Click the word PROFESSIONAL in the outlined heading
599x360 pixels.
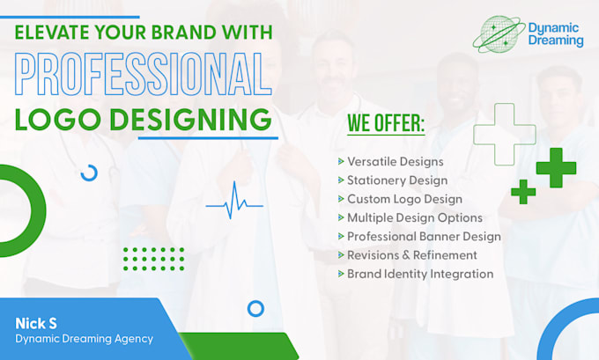click(142, 77)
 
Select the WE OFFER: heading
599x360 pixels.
click(386, 124)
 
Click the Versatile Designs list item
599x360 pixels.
click(395, 162)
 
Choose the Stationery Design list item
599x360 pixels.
click(396, 180)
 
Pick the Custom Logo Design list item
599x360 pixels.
click(403, 199)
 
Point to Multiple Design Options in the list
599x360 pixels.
click(414, 217)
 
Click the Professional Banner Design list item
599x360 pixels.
click(424, 236)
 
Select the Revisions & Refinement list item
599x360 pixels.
click(411, 254)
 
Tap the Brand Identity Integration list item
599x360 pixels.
click(420, 273)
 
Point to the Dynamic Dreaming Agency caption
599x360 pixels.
click(84, 339)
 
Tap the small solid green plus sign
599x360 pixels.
click(523, 191)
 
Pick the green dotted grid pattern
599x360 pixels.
click(153, 258)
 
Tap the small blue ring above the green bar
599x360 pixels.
click(255, 309)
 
